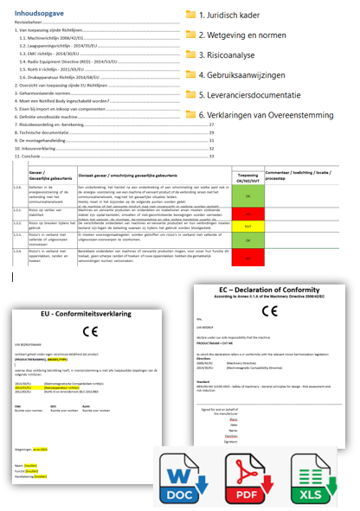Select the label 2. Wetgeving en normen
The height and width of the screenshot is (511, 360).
point(241,35)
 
